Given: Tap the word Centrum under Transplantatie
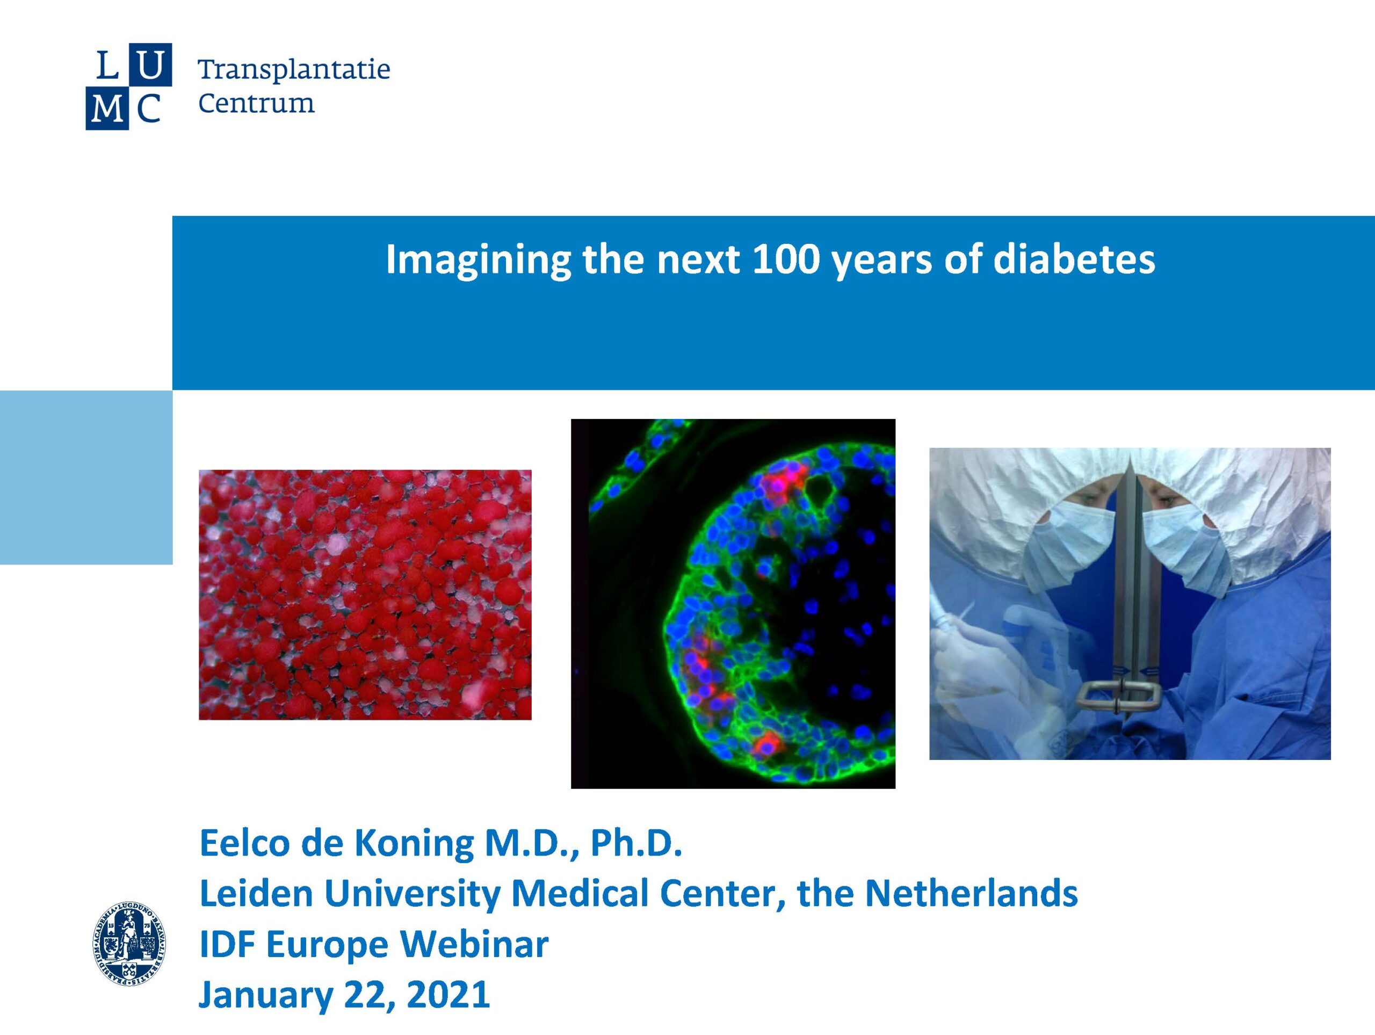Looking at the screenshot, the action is point(256,103).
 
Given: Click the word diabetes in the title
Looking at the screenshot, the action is point(1074,259).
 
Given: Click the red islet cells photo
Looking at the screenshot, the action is point(365,595).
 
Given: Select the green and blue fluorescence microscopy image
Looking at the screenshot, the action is point(733,604).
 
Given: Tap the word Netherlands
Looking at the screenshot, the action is point(971,893).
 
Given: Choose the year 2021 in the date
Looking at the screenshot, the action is point(447,995).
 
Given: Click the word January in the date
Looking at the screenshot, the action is point(266,996).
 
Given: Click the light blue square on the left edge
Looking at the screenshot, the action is point(86,477).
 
